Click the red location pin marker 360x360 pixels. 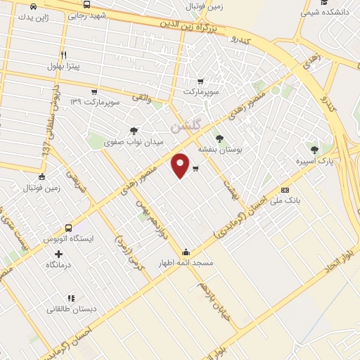point(181,164)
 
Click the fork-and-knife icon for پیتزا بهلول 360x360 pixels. point(63,55)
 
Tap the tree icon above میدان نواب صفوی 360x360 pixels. point(134,130)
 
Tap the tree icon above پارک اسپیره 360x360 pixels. point(314,149)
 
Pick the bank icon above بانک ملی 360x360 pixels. point(285,190)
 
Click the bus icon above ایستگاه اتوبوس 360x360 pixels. point(68,228)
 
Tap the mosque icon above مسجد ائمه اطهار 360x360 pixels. point(186,252)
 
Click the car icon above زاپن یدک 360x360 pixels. point(33,6)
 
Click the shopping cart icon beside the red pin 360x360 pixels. point(195,168)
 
